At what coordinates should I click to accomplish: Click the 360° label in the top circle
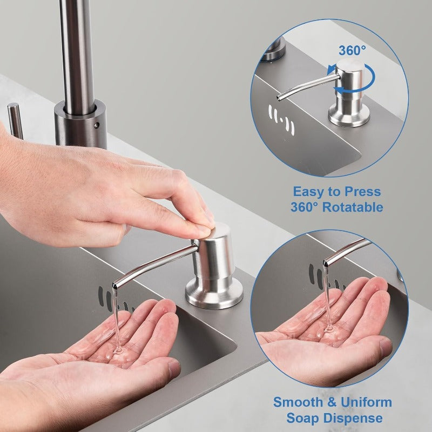(x=352, y=50)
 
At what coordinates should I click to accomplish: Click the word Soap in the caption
(x=303, y=418)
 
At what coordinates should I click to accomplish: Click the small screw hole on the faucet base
(x=97, y=125)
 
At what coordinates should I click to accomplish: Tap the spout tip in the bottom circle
(x=326, y=263)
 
